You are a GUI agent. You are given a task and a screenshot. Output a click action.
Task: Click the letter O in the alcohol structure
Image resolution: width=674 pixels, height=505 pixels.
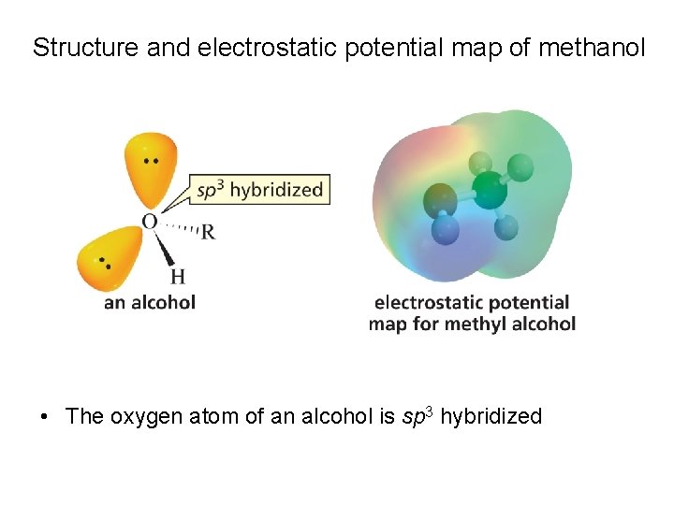(149, 222)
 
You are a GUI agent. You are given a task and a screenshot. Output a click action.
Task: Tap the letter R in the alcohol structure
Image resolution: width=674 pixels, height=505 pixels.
(208, 232)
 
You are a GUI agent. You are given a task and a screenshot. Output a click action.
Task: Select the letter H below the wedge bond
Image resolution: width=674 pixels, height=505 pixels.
(178, 277)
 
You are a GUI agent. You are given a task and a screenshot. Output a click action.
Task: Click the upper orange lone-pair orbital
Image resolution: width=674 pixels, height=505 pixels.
(151, 168)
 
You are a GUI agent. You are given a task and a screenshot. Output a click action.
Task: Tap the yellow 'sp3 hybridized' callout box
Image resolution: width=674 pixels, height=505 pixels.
(259, 190)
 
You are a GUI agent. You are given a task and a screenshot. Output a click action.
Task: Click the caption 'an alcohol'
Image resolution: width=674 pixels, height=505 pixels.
(150, 302)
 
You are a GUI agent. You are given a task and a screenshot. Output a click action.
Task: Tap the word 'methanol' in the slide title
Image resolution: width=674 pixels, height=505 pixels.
(592, 48)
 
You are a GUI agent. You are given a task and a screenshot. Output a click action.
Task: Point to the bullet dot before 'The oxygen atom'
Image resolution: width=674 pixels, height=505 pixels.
(44, 417)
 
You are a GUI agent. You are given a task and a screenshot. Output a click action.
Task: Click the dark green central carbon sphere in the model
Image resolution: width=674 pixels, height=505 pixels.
(489, 192)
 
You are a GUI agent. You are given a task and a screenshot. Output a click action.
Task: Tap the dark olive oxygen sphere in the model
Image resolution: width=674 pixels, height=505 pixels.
(441, 199)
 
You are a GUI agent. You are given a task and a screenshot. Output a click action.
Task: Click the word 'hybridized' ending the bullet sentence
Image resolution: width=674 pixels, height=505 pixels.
(491, 417)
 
